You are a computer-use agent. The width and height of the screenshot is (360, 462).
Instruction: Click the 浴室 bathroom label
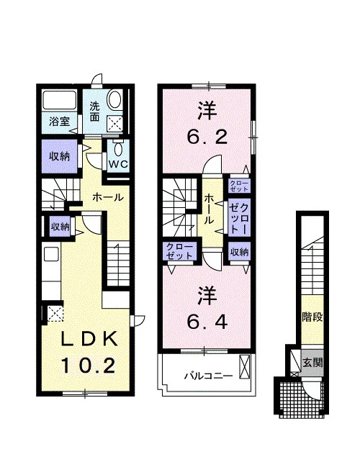(x=59, y=122)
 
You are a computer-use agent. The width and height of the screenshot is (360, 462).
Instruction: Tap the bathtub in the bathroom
(x=60, y=100)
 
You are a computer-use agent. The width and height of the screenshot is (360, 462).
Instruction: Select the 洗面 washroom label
(x=94, y=112)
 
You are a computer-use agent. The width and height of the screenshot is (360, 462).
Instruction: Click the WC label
(x=119, y=164)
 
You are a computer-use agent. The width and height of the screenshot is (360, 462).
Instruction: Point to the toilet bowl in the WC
(x=119, y=150)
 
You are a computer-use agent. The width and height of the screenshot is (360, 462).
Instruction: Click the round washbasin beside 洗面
(x=114, y=99)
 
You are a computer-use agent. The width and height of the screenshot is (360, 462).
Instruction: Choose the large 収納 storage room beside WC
(x=59, y=156)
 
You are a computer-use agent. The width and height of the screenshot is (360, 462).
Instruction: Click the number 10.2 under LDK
(x=88, y=366)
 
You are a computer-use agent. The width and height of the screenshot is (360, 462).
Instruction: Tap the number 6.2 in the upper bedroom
(x=208, y=137)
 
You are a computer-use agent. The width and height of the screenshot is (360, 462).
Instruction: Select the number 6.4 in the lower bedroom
(x=207, y=322)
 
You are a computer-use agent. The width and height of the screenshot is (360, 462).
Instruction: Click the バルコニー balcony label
(x=209, y=376)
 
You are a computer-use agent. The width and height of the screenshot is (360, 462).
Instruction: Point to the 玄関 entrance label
(x=312, y=363)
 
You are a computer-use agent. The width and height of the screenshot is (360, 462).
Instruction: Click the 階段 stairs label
(x=312, y=317)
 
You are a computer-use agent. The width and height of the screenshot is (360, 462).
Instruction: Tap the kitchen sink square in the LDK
(x=51, y=254)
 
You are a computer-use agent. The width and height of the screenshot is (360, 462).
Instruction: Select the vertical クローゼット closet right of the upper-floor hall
(x=239, y=217)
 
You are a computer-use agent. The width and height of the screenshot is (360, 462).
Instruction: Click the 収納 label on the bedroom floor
(x=240, y=252)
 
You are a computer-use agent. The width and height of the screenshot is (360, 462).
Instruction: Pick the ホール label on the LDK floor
(x=108, y=197)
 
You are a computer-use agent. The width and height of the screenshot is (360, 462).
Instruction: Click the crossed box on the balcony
(x=245, y=367)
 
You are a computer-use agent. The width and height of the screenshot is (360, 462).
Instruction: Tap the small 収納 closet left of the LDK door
(x=60, y=226)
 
